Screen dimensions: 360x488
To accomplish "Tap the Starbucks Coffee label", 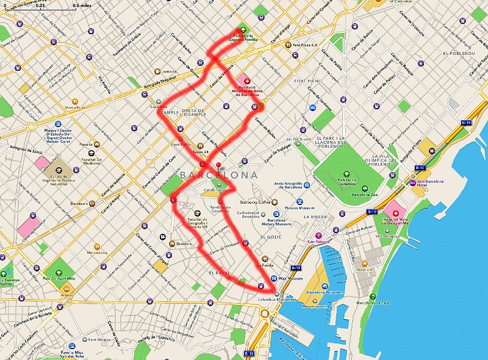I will [253, 202].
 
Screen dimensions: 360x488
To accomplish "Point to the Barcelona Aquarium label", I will [322, 292].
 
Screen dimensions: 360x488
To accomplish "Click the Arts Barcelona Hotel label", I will [438, 182].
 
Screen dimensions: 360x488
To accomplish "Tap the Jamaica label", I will [169, 71].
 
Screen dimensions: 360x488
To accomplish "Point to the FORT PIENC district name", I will [307, 81].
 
